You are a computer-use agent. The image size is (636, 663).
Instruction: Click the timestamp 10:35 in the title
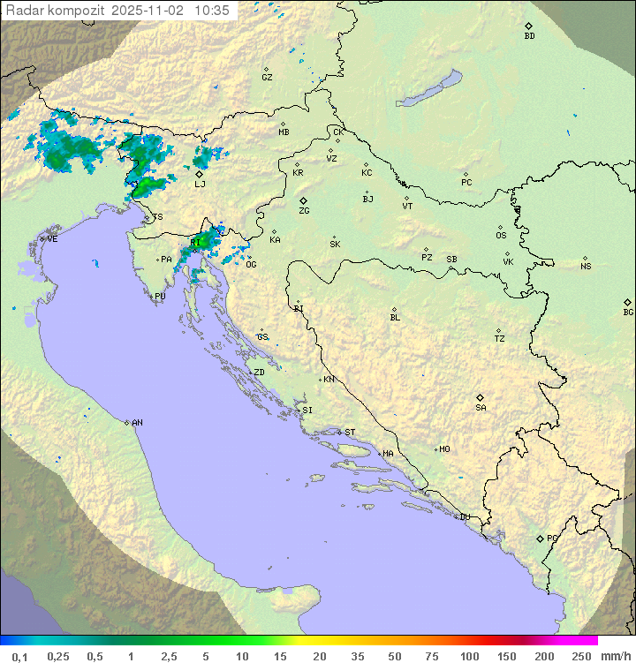point(212,11)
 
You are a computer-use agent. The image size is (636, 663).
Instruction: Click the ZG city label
point(304,211)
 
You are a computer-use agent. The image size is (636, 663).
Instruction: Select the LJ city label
point(200,185)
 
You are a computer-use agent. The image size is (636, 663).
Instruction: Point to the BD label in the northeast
point(529,36)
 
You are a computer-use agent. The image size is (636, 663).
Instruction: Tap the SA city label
point(481,408)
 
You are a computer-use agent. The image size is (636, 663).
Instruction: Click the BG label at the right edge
point(628,312)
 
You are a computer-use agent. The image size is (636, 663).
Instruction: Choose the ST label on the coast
point(350,433)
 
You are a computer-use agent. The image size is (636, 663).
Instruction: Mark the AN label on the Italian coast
point(137,423)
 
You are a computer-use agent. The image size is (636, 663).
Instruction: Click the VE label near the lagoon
point(52,239)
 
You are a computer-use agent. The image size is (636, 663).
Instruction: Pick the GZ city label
point(267,78)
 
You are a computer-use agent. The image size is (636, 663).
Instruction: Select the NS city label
point(586,267)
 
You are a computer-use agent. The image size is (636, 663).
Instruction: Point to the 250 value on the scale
point(581,656)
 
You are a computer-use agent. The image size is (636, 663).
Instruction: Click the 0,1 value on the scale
point(19,656)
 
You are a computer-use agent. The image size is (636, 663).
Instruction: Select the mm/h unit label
point(615,656)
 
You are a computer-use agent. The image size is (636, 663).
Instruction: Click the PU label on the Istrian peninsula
point(160,297)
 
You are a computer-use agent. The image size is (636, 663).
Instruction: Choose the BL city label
point(395,318)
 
